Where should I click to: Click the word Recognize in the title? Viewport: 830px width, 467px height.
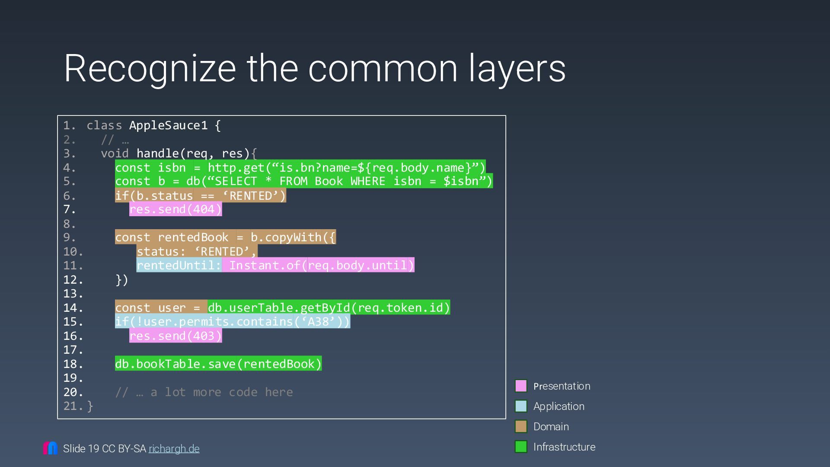(x=150, y=68)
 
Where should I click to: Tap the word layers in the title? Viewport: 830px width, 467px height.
(x=517, y=68)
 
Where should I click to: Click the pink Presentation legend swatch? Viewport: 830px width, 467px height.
(x=521, y=386)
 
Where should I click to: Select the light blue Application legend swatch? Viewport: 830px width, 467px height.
(x=521, y=406)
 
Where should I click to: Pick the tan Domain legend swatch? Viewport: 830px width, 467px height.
(x=521, y=426)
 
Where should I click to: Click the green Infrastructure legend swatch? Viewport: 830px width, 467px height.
(x=521, y=447)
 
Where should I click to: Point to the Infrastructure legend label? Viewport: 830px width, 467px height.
(x=564, y=447)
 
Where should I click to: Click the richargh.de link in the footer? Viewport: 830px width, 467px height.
(x=174, y=449)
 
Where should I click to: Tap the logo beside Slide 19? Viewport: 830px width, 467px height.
(x=50, y=448)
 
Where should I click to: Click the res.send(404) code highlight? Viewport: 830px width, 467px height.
(x=176, y=209)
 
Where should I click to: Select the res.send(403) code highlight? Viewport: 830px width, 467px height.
(x=176, y=336)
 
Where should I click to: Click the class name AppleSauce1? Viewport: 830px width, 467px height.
(x=168, y=125)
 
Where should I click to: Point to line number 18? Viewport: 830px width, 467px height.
(x=73, y=364)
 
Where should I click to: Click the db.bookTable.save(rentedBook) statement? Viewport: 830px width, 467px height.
(x=218, y=364)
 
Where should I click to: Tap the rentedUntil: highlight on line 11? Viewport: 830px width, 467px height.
(x=179, y=265)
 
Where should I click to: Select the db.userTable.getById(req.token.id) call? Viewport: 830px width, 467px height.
(x=329, y=307)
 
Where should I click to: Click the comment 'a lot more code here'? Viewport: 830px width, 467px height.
(x=221, y=392)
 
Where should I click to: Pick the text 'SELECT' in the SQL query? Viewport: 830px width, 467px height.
(x=236, y=181)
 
